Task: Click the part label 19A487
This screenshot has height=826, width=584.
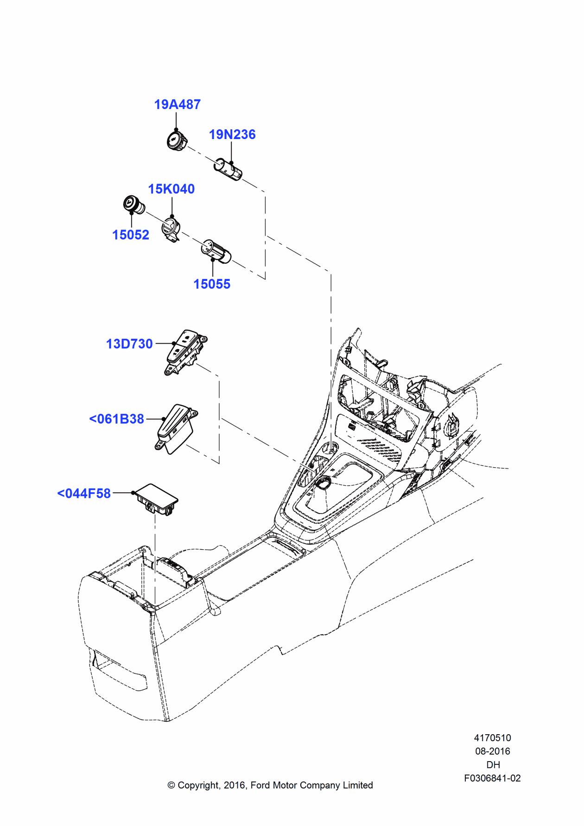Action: [177, 104]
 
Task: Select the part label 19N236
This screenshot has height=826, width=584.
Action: [232, 134]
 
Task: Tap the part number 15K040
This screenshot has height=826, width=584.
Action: [171, 189]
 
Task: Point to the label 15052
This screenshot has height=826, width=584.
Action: [131, 235]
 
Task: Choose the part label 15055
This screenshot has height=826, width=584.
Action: [212, 284]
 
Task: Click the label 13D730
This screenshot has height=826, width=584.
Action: [129, 344]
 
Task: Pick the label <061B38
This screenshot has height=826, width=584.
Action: [116, 419]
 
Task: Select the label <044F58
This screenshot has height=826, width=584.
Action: [84, 494]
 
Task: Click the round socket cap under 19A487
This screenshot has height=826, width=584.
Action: [177, 140]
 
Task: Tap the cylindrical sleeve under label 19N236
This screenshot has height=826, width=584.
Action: [228, 170]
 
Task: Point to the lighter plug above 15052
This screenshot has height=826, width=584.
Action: [133, 204]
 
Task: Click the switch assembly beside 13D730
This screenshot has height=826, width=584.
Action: [185, 352]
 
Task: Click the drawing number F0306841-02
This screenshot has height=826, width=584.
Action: [492, 778]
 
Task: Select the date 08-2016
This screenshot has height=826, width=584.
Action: [492, 751]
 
